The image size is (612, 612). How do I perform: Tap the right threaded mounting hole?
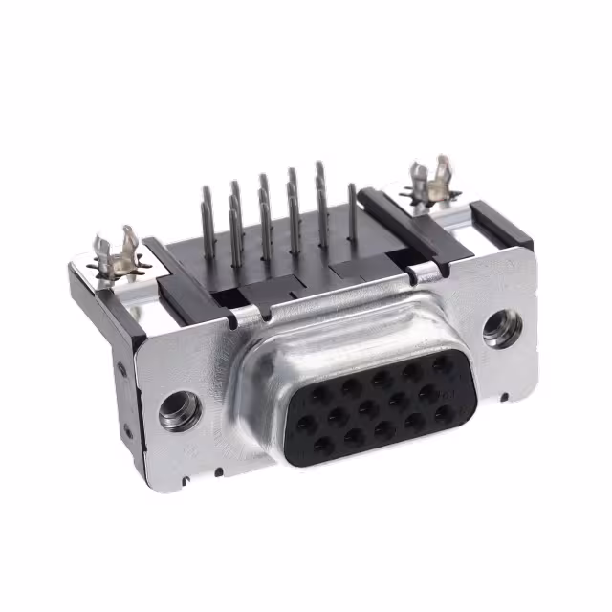pos(501,329)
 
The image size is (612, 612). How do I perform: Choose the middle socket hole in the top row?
pos(382,379)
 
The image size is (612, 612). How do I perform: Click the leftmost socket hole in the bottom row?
pos(323,446)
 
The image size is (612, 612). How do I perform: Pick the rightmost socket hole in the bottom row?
pos(444,414)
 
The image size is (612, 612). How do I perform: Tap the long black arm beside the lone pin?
pos(411,235)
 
